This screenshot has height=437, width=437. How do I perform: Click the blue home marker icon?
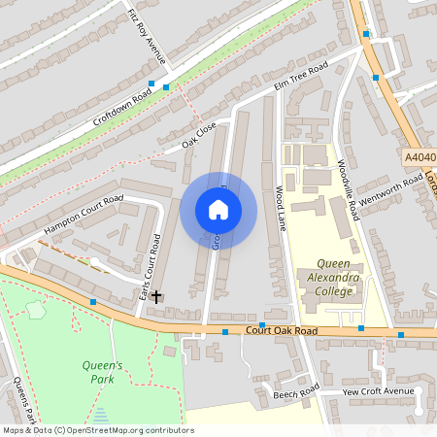(218, 209)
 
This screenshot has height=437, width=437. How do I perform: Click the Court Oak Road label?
(282, 331)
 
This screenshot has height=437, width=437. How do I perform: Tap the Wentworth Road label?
(390, 187)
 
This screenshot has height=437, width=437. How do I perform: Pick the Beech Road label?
(295, 392)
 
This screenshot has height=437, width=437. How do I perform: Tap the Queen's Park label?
(98, 372)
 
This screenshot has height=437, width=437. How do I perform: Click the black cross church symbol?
(156, 295)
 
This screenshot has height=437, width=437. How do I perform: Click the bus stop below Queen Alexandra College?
(361, 328)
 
